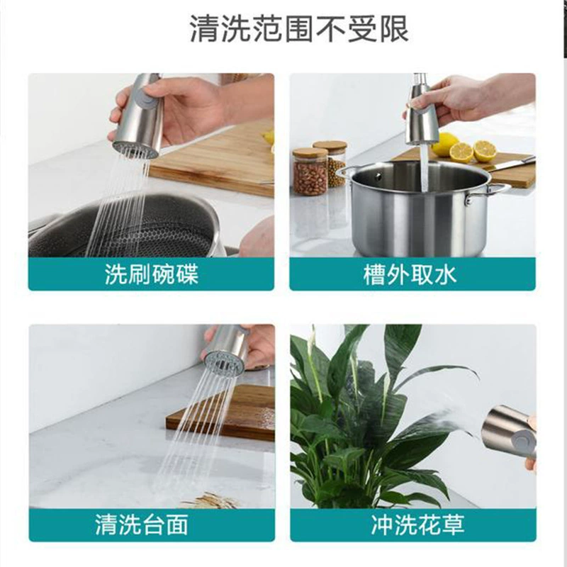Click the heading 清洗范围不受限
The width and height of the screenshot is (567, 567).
click(299, 28)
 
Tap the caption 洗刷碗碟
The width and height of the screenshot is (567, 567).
click(152, 274)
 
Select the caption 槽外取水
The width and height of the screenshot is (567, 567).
click(410, 274)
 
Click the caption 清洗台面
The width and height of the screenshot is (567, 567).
click(142, 525)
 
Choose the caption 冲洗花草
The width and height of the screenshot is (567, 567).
click(417, 525)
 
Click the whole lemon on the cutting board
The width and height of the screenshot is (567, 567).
click(444, 144)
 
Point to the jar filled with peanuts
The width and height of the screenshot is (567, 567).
click(310, 172)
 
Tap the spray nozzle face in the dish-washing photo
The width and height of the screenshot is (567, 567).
click(135, 149)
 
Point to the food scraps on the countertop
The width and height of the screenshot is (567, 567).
click(210, 500)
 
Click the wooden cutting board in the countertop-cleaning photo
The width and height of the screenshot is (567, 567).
click(221, 412)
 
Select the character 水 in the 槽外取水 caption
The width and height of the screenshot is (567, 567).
click(446, 274)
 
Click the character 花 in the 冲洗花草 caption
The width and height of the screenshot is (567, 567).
click(430, 525)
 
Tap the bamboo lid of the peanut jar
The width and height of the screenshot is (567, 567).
click(310, 152)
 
